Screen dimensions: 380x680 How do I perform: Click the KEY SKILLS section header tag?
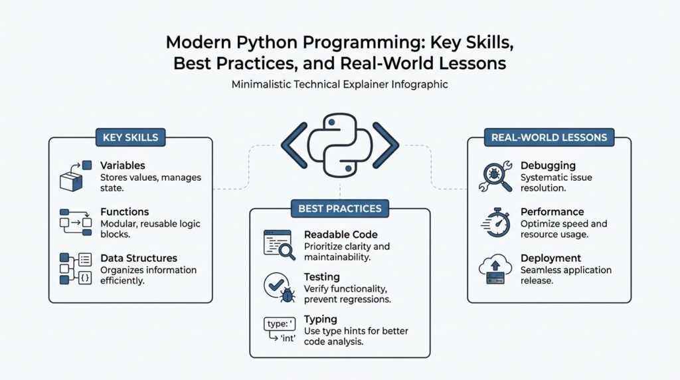click(x=130, y=138)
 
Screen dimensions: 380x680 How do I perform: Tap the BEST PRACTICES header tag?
click(x=339, y=208)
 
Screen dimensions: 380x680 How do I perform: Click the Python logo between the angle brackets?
click(x=339, y=145)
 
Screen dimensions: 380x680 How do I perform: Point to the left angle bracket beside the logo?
click(x=294, y=145)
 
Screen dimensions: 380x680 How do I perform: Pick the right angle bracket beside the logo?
click(x=385, y=145)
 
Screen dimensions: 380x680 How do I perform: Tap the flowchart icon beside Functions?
click(x=74, y=222)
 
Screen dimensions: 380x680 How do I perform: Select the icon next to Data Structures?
click(x=74, y=268)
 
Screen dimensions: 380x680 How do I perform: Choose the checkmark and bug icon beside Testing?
click(x=279, y=285)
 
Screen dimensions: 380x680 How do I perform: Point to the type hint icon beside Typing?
click(x=279, y=329)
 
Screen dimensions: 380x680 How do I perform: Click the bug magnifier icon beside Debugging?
click(x=495, y=176)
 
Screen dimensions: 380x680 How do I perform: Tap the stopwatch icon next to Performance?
click(x=495, y=223)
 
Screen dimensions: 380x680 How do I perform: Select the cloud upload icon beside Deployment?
click(x=495, y=268)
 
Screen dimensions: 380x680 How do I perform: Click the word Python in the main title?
click(x=256, y=43)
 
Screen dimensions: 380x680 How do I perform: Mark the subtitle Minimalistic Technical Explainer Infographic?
click(x=339, y=85)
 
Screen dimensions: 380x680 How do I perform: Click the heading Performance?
click(x=552, y=212)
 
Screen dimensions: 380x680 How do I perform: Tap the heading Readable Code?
click(x=340, y=235)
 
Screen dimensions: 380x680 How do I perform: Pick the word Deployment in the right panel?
click(x=551, y=258)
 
